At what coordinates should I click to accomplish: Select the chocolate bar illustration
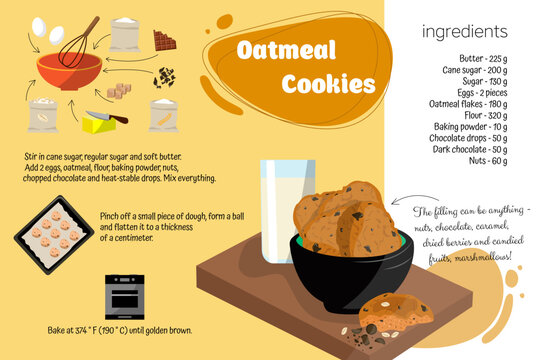[x=165, y=40]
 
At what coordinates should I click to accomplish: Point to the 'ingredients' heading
[x=465, y=31]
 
